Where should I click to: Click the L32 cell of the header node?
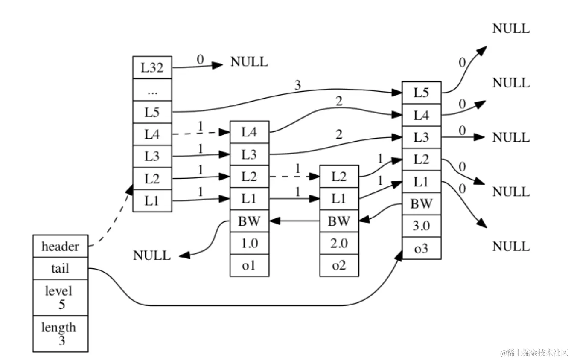(152, 67)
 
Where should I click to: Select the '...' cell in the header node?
(152, 90)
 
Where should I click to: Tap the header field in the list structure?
(60, 246)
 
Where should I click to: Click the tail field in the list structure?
(60, 268)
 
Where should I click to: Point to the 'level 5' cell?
(60, 297)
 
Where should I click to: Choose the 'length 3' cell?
(60, 334)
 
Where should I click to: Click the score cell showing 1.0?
(249, 243)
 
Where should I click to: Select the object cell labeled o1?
(249, 265)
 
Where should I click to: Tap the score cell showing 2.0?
(339, 243)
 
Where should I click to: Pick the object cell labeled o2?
(339, 265)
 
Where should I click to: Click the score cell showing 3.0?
(421, 226)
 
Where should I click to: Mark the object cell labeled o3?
(421, 248)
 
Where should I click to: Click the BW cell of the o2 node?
(339, 221)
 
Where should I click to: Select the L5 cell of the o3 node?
(421, 93)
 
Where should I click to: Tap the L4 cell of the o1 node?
(249, 132)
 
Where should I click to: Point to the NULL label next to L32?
(249, 62)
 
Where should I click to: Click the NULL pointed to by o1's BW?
(152, 255)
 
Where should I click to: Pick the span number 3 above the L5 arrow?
(297, 85)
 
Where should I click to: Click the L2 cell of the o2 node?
(339, 176)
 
